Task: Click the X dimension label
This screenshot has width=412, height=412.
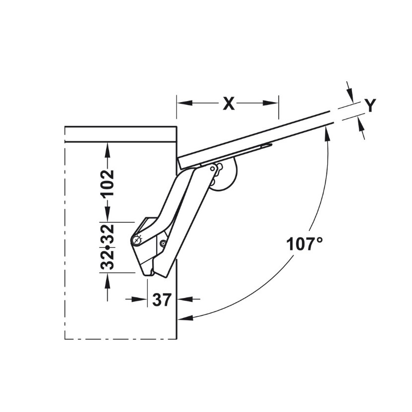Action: tap(229, 103)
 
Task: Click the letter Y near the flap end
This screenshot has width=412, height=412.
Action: tap(371, 105)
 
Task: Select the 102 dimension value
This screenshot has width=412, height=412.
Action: tap(108, 183)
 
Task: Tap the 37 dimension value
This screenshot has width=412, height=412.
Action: tap(162, 299)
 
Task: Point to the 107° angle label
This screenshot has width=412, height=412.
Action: tap(304, 244)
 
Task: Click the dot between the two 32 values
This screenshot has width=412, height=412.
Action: tap(108, 247)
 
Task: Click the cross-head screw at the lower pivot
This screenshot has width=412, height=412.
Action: tap(136, 240)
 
